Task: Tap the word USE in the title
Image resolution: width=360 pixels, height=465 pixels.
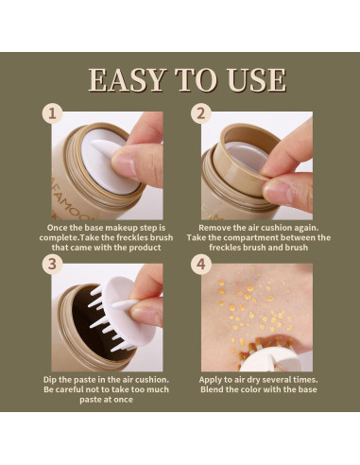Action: (x=256, y=79)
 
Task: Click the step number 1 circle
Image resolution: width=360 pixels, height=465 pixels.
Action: (x=52, y=113)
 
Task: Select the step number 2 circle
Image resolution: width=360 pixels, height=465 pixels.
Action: (x=200, y=113)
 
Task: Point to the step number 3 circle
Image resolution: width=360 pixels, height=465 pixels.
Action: (x=52, y=264)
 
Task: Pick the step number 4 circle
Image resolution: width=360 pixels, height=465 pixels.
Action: (x=200, y=264)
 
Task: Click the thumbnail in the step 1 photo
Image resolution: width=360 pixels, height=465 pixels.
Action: (x=125, y=164)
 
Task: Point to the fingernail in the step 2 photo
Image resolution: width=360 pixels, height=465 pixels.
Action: (x=277, y=193)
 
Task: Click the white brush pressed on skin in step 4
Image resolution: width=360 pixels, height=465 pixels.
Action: (x=268, y=358)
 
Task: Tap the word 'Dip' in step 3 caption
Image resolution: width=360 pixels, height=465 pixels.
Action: (x=50, y=380)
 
